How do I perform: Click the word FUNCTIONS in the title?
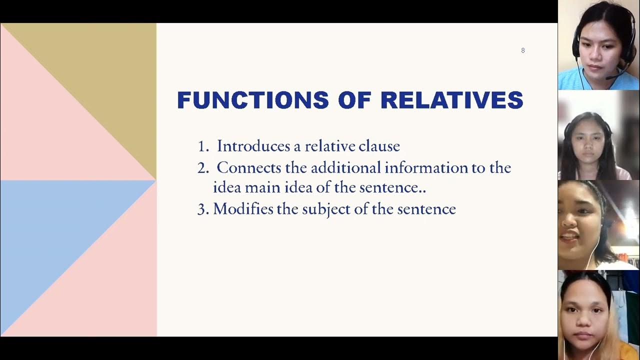(252, 100)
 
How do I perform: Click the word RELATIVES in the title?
(451, 100)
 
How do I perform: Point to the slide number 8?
(523, 50)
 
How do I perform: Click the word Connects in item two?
(248, 167)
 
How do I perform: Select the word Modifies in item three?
(243, 209)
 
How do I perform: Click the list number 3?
(202, 209)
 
